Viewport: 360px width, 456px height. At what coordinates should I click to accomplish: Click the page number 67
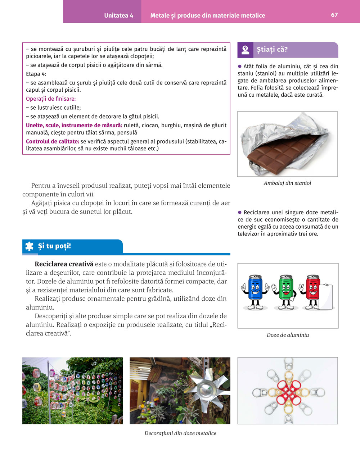coord(334,15)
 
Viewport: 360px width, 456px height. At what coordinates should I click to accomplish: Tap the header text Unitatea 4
coord(118,15)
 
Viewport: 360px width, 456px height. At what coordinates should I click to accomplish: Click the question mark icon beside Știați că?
coord(246,50)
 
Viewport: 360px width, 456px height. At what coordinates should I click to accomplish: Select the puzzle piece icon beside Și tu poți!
coord(29,246)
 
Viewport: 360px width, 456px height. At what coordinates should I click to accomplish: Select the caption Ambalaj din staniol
coord(287,183)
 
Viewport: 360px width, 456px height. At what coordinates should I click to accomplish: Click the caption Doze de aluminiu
coord(288,335)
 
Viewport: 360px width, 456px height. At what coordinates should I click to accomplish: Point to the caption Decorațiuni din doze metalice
coord(180,433)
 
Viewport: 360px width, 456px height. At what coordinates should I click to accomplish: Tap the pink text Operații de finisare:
coord(51,99)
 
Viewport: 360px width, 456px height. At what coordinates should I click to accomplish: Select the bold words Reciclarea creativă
coord(64,264)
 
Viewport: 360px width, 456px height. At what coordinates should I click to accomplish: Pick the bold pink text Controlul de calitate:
coord(53,142)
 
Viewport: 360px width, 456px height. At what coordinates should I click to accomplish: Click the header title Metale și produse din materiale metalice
coord(207,15)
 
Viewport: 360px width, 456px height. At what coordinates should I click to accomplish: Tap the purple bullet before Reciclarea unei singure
coord(240,212)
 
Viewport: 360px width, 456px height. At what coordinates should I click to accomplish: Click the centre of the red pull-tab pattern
coord(288,391)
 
